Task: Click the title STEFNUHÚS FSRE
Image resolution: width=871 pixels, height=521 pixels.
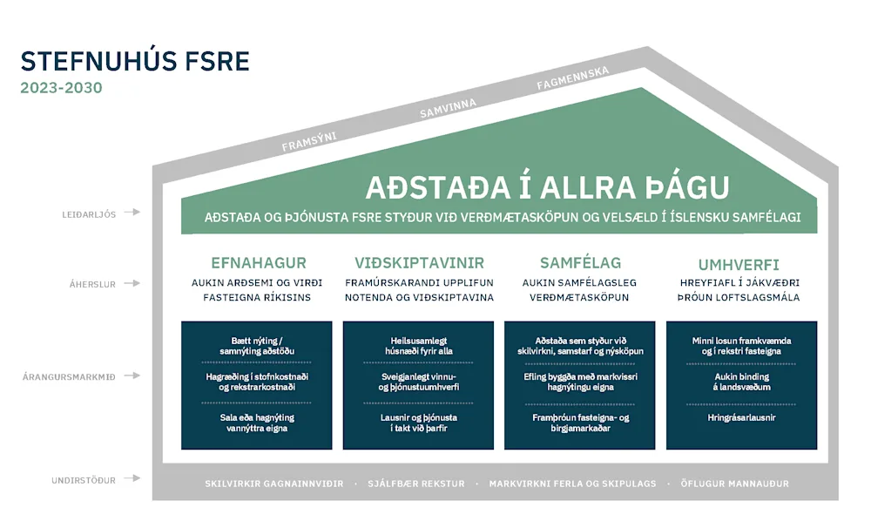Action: coord(135,61)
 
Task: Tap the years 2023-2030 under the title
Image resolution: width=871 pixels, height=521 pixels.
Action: coord(61,88)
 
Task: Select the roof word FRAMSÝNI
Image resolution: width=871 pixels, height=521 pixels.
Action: coord(309,141)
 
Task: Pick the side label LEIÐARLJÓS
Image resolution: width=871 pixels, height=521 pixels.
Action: coord(88,213)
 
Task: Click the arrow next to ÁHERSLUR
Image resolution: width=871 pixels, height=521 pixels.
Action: coord(132,284)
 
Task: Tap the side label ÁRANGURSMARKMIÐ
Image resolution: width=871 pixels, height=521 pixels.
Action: coord(74,377)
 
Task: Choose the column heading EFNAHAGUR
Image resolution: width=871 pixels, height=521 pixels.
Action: coord(259,263)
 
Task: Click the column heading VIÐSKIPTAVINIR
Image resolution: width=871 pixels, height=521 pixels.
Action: coord(420,263)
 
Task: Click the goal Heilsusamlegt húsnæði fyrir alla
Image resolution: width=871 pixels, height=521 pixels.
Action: coord(419,345)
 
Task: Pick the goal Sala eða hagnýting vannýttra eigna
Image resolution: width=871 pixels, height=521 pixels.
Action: coord(257,423)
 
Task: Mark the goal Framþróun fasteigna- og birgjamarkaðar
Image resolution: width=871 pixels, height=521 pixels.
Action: coord(580,423)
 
